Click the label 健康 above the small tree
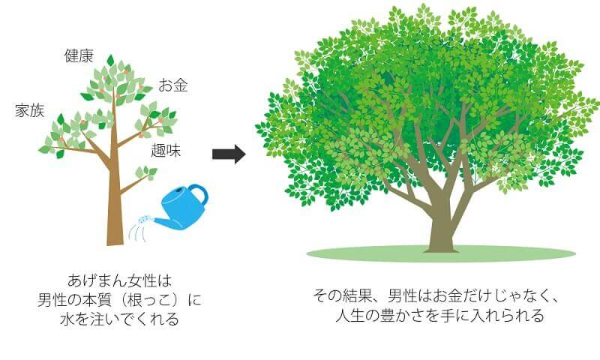pos(79,55)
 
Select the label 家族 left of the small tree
pos(29,111)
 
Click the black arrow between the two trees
pos(229,154)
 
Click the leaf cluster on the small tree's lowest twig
pos(151,172)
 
